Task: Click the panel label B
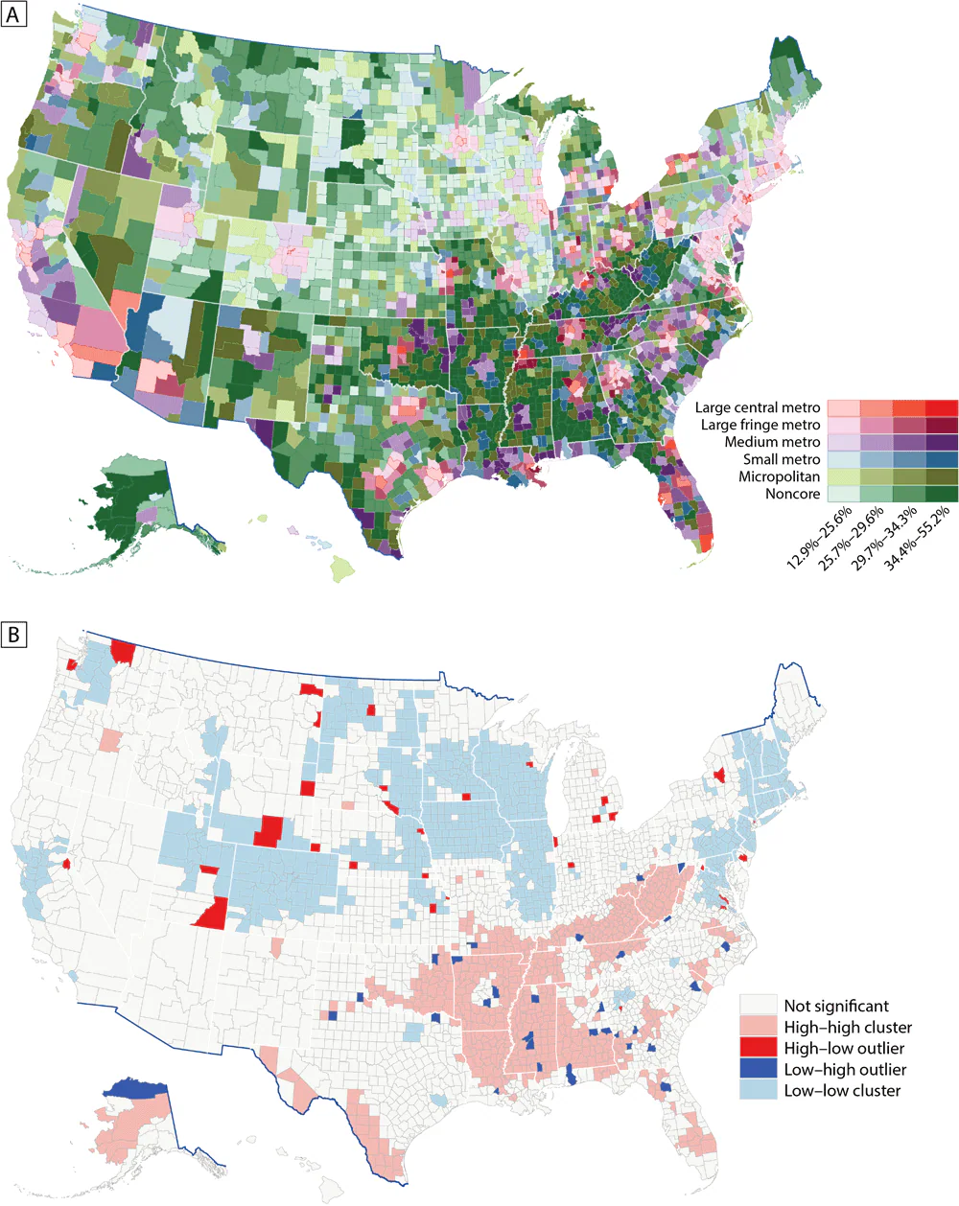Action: click(13, 634)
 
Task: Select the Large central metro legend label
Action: click(758, 407)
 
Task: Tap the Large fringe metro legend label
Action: click(760, 425)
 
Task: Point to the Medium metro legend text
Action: click(772, 442)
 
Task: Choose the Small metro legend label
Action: click(782, 459)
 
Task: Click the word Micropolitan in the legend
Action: click(779, 476)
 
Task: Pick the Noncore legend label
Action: click(792, 494)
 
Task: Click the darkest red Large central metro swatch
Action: click(942, 407)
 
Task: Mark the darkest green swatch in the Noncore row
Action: click(942, 494)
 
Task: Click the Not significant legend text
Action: click(836, 1006)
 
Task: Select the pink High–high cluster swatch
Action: click(758, 1027)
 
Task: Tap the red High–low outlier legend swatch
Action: click(758, 1048)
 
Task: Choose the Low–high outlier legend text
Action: click(845, 1069)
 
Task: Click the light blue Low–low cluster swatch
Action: click(758, 1090)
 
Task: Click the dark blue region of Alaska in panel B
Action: click(135, 1089)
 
